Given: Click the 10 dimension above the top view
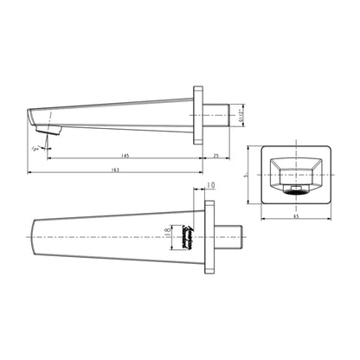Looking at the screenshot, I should pyautogui.click(x=212, y=185).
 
